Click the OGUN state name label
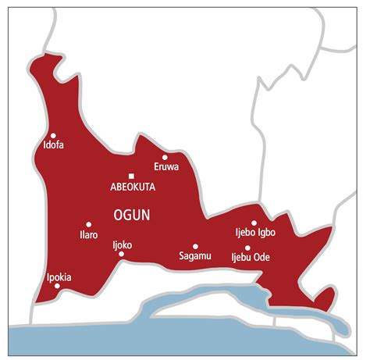coord(132,213)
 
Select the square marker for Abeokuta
coord(131,175)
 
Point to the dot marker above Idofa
coord(53,134)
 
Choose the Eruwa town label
coord(166,167)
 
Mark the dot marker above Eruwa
coord(165,157)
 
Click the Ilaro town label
coord(89,234)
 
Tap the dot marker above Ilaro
coord(88,224)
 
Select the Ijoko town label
coord(122,244)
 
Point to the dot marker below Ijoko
coord(121,254)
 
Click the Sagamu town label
coord(194,255)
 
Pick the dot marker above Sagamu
coord(195,245)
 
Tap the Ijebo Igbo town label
coord(255,233)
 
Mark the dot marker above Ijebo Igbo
coord(254,223)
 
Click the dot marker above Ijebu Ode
coord(247,248)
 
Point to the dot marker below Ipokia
coord(57,286)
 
